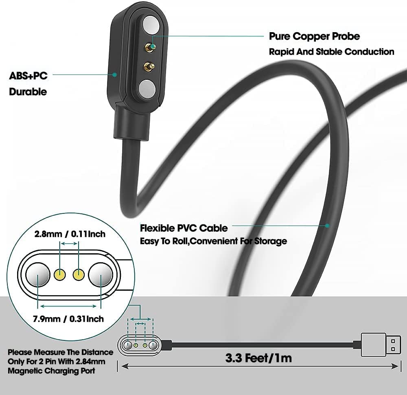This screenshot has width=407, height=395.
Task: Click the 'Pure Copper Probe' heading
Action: [x=314, y=36]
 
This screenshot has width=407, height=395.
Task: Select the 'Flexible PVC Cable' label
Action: [x=184, y=228]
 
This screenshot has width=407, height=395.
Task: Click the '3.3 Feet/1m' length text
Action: [x=258, y=358]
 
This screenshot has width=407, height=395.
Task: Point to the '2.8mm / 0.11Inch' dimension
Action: [x=70, y=234]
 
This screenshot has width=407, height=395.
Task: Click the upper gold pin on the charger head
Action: [x=151, y=48]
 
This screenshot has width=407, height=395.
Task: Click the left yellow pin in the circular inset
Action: [x=60, y=275]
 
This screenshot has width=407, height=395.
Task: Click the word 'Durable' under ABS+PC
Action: [x=28, y=92]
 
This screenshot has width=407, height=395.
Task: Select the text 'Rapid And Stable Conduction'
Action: [x=331, y=52]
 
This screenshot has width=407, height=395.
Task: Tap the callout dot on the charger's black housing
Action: [x=115, y=75]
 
